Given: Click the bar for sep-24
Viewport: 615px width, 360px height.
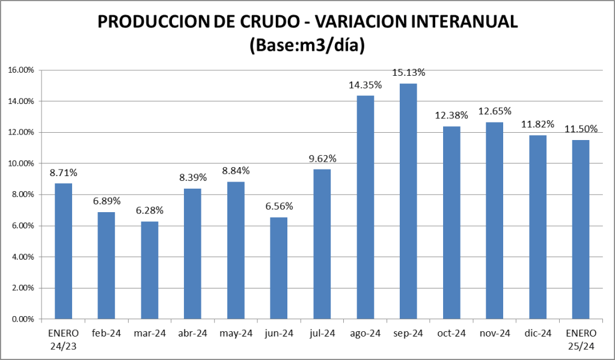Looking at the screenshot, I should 408,201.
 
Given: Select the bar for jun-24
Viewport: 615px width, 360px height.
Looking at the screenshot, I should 278,267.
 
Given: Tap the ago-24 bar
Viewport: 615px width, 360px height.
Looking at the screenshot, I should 365,207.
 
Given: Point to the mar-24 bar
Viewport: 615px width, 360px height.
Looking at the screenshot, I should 150,270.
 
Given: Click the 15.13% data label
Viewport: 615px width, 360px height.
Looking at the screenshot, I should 409,73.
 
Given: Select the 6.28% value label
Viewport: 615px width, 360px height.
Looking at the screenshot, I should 150,211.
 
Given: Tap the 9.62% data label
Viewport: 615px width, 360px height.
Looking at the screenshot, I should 322,159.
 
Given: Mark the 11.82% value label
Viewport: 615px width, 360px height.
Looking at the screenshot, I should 537,124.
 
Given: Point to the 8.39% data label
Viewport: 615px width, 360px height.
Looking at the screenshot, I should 192,178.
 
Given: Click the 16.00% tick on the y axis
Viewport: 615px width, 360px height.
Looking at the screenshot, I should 21,70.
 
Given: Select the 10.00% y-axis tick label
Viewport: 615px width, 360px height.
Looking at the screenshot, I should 21,163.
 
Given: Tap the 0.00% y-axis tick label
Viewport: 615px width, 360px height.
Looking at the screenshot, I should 23,319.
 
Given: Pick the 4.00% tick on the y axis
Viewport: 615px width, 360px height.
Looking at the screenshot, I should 23,257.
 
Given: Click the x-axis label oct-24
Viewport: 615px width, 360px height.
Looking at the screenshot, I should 451,333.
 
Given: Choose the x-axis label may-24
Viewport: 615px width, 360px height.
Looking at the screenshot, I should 236,333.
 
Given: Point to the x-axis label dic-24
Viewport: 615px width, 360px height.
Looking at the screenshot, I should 537,333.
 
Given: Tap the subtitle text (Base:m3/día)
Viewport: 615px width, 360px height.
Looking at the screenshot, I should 307,46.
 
